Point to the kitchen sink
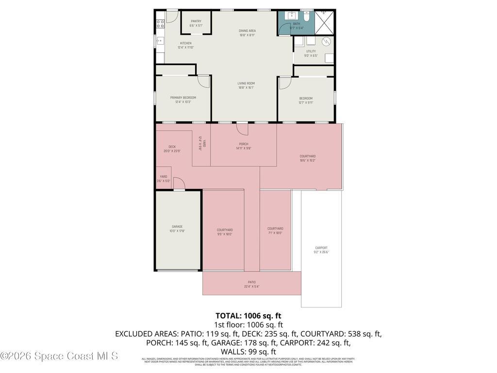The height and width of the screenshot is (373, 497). [159, 41]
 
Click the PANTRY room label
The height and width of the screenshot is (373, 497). [196, 21]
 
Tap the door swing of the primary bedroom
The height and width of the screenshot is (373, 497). [203, 82]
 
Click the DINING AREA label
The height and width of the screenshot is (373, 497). [247, 31]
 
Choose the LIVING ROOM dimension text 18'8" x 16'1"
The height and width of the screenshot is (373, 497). [246, 88]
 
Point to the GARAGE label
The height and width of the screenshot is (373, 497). [177, 227]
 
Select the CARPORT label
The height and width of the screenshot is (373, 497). [321, 248]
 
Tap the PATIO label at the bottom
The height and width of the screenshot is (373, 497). [251, 282]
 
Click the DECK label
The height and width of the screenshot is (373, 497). [172, 147]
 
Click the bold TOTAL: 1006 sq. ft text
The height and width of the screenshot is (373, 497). [248, 316]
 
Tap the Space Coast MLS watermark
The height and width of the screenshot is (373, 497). [59, 356]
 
